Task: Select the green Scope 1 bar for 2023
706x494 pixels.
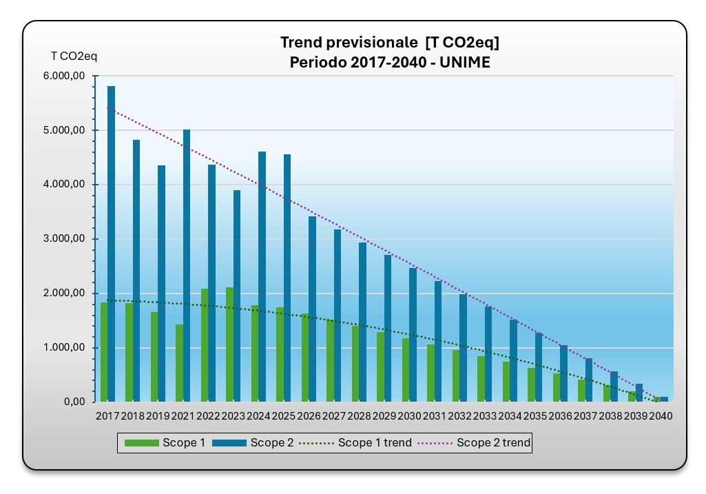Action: [x=229, y=344]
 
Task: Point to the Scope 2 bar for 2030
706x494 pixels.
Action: [x=413, y=335]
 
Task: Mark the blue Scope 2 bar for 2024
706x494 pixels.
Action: [x=262, y=276]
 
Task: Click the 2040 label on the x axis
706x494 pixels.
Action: [x=661, y=416]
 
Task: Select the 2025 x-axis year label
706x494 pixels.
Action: [x=284, y=416]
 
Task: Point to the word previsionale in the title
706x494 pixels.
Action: [x=373, y=43]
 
